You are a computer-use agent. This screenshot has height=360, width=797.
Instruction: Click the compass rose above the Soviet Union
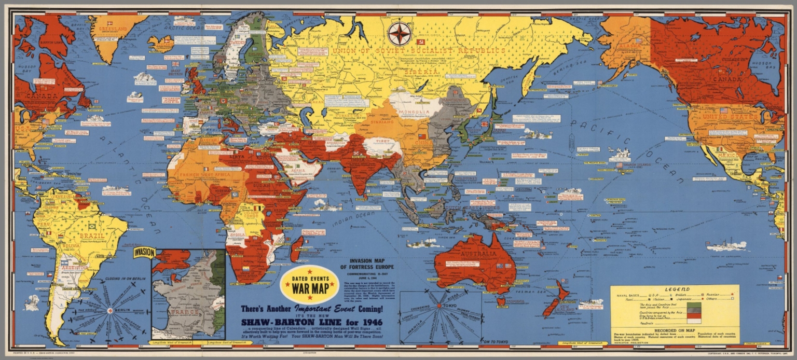400,34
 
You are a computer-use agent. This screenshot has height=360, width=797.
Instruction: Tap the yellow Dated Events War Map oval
309,285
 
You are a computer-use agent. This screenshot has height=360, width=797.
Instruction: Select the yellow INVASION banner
144,253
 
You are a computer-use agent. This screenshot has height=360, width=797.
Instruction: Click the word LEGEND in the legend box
675,289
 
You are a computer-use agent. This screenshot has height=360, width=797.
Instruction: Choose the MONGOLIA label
415,112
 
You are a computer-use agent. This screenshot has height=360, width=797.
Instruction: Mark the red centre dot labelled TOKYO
440,306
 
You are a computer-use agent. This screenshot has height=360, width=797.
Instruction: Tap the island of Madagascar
297,248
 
